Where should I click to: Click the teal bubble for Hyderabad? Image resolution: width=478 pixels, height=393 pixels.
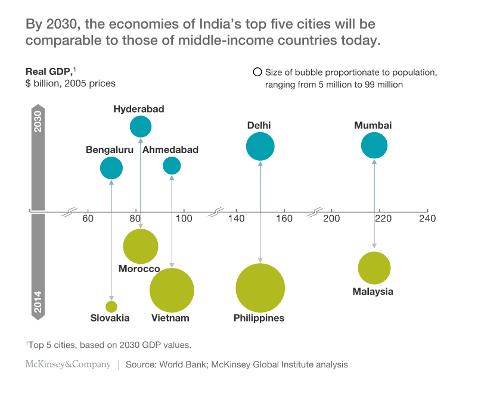point(141,126)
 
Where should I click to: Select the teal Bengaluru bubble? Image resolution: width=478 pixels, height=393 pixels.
point(111,168)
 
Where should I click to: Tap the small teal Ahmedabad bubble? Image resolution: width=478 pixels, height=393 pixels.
point(172,166)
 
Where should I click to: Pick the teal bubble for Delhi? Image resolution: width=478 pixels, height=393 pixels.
point(260,146)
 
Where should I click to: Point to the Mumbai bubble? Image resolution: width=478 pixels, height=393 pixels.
point(374,145)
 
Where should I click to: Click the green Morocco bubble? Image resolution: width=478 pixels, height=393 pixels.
point(141,246)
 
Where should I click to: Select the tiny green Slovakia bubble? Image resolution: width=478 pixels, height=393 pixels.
point(111,307)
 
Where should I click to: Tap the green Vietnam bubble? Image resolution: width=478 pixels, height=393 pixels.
point(172,291)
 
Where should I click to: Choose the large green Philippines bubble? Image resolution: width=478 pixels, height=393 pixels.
point(260,288)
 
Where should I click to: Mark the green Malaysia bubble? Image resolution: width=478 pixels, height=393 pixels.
point(374,268)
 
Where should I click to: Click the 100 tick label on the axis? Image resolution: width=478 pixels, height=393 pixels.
point(184,219)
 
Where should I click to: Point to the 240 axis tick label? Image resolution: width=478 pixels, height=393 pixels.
point(427,219)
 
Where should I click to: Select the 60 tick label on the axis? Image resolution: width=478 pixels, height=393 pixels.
point(88,219)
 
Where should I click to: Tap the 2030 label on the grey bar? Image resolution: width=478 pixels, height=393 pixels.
point(38,121)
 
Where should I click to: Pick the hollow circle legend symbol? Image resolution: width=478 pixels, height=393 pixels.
point(257,73)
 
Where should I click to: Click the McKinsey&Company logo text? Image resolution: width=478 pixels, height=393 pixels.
point(67,364)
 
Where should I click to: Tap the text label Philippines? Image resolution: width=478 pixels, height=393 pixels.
point(259,318)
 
